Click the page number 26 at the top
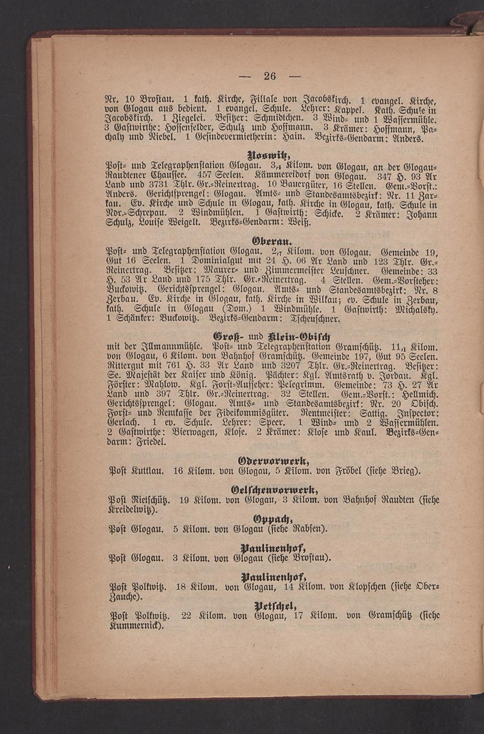pyautogui.click(x=270, y=75)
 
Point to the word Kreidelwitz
pyautogui.click(x=133, y=510)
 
